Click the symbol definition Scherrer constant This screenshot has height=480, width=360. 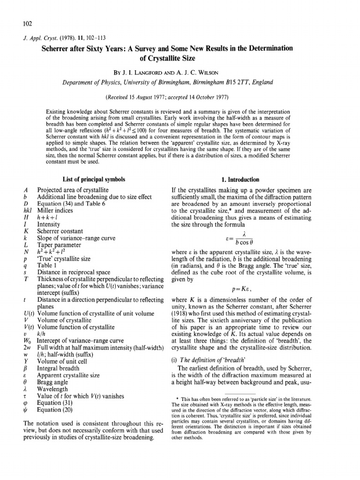[60, 231]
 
